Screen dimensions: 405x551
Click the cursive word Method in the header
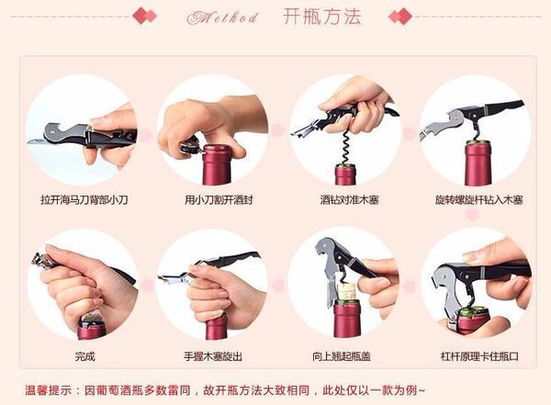[223, 17]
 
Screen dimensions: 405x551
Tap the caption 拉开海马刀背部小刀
[81, 198]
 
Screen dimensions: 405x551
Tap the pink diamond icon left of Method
[145, 17]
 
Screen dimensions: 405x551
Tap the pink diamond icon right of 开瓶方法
[399, 17]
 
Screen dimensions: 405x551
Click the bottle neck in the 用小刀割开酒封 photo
[217, 165]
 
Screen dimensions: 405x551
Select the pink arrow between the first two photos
[146, 130]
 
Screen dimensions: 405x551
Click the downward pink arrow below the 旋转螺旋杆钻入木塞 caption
[472, 215]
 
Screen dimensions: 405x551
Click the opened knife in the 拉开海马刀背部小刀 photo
[51, 140]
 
